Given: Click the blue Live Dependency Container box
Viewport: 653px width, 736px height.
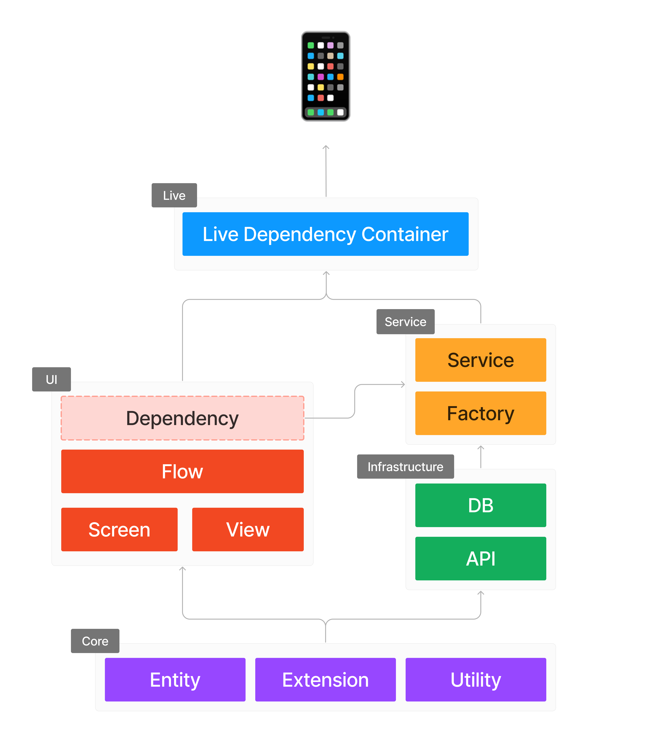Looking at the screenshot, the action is [325, 234].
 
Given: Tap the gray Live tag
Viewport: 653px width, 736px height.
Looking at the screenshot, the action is [174, 195].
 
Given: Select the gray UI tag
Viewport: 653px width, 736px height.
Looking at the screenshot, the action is [52, 379].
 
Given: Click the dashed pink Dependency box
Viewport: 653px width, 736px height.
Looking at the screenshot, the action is [183, 418].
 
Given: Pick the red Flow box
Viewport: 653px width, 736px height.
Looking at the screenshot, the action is [183, 471].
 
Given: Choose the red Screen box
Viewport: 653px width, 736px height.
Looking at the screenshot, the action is [119, 529].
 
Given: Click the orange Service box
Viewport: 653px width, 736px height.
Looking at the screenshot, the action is [481, 360].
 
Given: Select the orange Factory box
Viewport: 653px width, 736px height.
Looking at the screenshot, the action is [481, 413].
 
